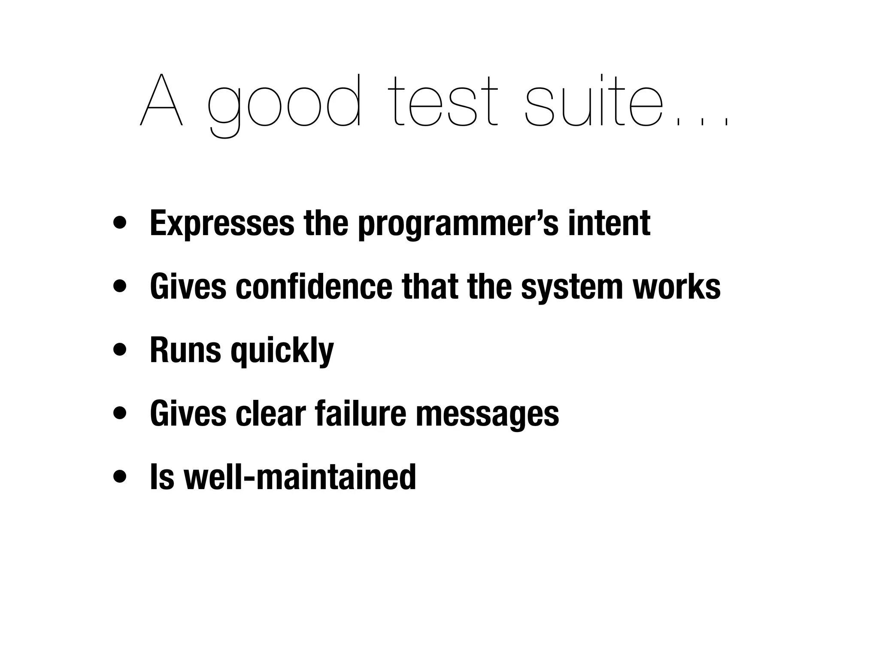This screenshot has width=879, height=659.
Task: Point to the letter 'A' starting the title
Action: (x=161, y=101)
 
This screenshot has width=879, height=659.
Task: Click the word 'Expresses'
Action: (x=222, y=224)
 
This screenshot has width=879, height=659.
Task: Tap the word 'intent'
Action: (x=609, y=224)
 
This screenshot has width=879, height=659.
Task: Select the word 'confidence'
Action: (x=314, y=287)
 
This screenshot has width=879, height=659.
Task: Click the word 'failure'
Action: (x=360, y=414)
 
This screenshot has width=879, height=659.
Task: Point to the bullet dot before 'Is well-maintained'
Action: (x=120, y=477)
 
